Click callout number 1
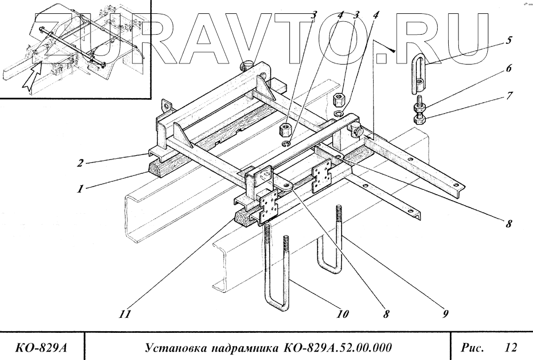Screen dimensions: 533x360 point(80,189)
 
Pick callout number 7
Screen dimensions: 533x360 point(510,96)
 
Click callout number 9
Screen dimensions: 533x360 point(444,314)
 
